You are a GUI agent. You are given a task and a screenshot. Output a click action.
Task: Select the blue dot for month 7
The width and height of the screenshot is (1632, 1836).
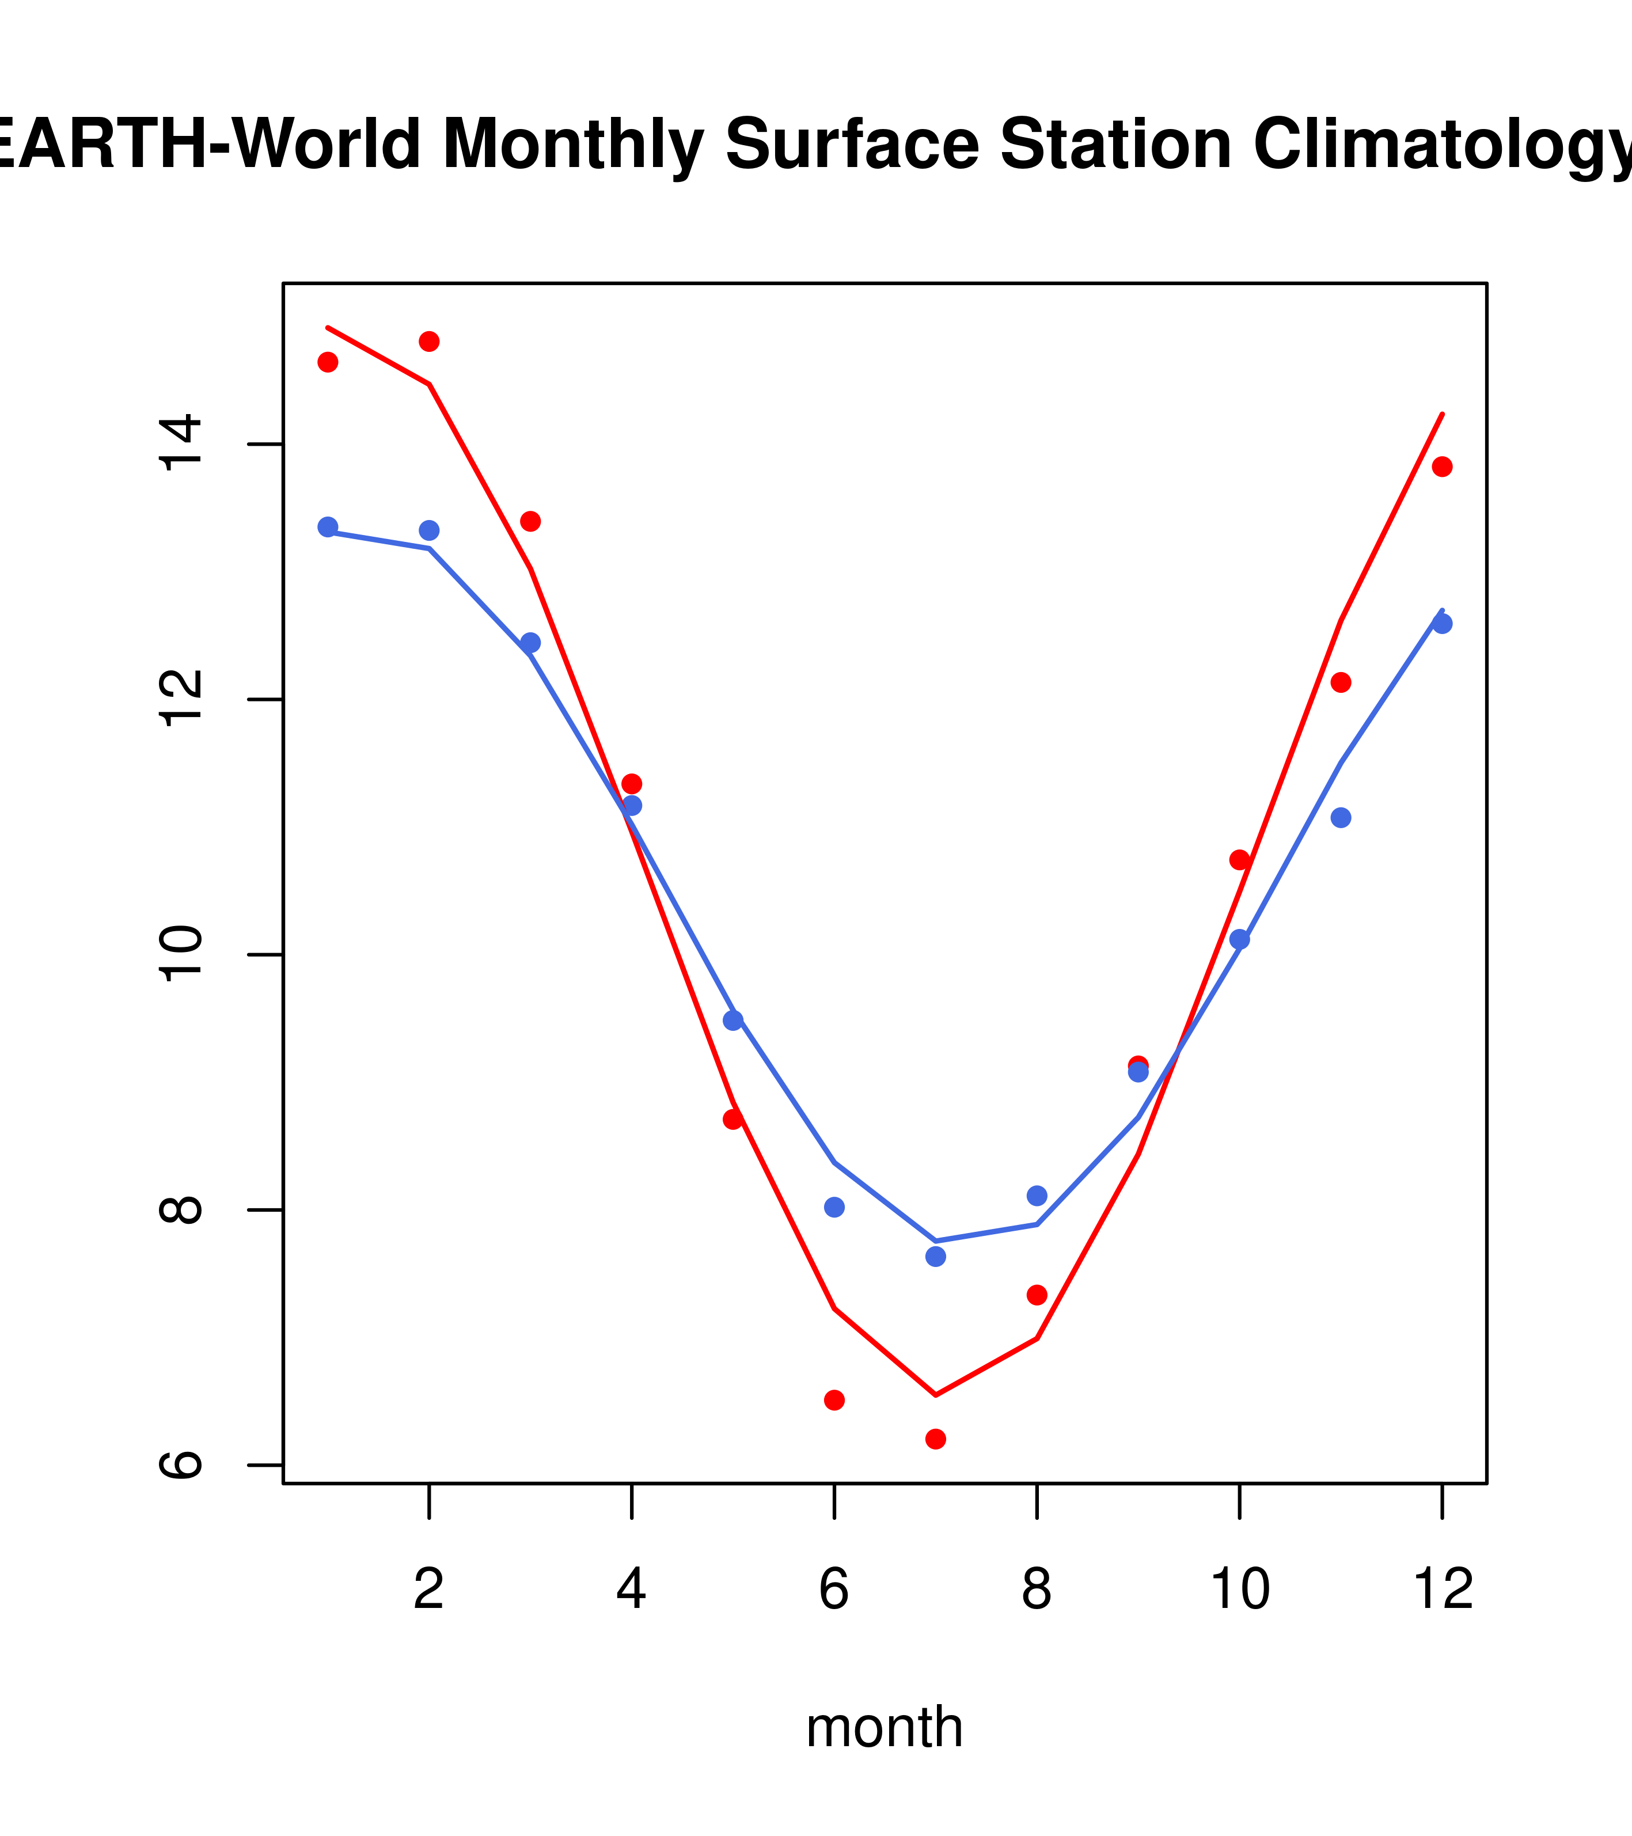(x=935, y=1257)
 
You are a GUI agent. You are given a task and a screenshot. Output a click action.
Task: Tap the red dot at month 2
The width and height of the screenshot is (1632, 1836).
(x=430, y=342)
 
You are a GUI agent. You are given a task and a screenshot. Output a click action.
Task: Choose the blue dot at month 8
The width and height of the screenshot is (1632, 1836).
(x=1037, y=1196)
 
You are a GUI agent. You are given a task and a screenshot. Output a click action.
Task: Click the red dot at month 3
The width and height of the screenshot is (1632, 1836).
(x=531, y=521)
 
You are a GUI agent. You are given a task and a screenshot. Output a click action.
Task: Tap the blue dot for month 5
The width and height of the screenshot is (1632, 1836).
(x=733, y=1021)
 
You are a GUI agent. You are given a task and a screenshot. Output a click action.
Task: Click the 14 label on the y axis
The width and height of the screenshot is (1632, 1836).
(x=180, y=443)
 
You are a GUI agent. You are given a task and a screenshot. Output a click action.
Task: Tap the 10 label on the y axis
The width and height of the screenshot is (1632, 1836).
(x=180, y=955)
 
